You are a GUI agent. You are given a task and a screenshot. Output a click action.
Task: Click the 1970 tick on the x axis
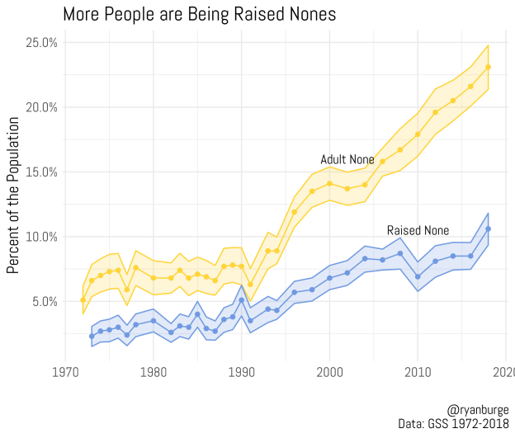coord(66,373)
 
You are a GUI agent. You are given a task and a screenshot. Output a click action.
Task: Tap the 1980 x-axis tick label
coord(154,373)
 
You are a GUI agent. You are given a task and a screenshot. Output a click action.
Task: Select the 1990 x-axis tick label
coord(242,373)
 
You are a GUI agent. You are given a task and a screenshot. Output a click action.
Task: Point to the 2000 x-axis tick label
coord(329,373)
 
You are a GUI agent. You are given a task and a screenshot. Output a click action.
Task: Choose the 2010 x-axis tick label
coord(418,373)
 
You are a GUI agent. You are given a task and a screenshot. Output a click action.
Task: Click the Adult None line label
coord(347,159)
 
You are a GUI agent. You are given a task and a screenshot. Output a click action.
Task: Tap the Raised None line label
coord(418,230)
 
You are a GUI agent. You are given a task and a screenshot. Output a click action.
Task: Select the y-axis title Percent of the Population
coord(13,195)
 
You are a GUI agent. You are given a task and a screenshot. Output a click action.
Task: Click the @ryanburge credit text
coord(478,409)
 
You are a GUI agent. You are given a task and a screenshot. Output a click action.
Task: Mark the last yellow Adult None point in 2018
coord(488,67)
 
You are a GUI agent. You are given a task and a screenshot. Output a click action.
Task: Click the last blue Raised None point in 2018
coord(488,228)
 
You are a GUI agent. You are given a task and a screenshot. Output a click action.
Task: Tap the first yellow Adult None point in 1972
coord(83,299)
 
